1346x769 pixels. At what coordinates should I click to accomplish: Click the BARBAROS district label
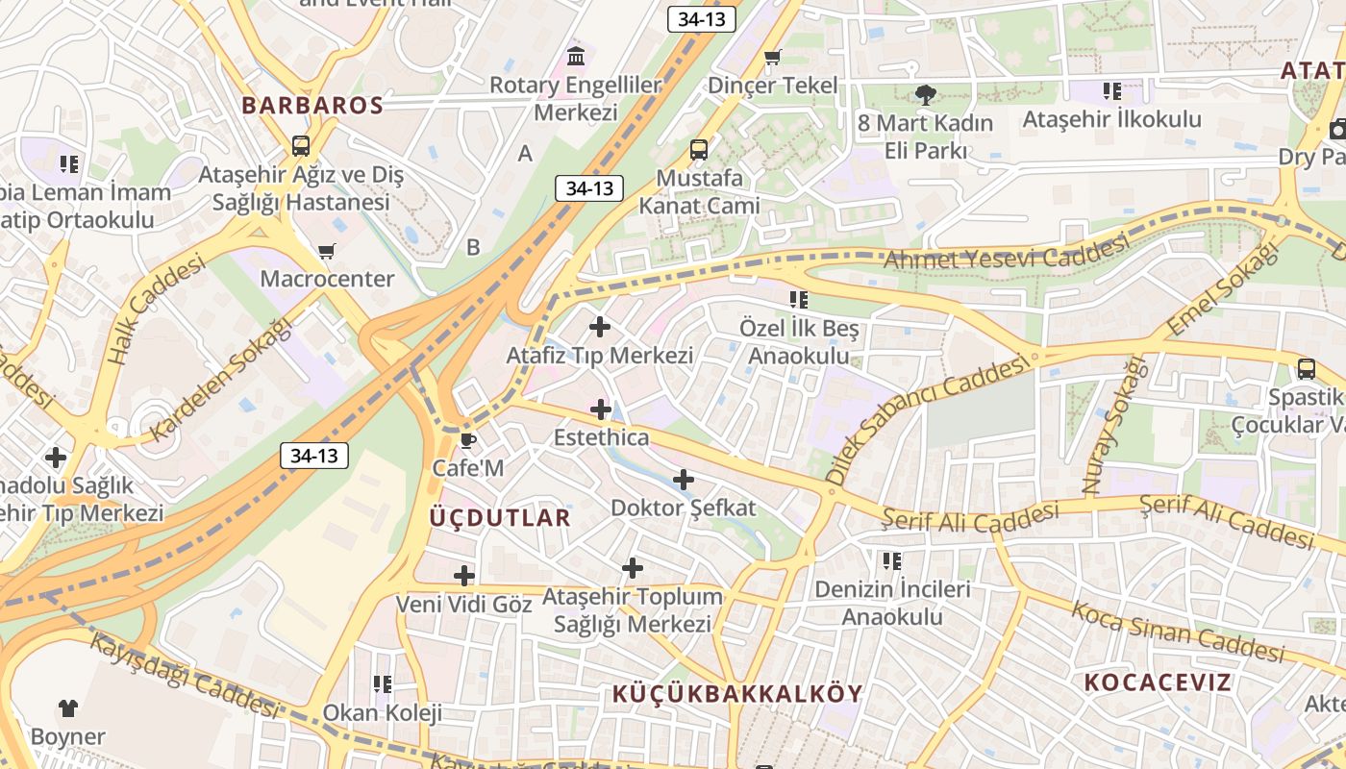(x=312, y=106)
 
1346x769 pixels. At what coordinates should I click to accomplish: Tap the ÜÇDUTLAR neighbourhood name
(x=500, y=518)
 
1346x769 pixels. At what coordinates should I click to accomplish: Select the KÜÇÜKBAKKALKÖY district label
(x=737, y=693)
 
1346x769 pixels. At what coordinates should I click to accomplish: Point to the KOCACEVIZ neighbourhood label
(x=1158, y=682)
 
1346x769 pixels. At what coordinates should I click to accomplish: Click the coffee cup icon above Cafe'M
(x=467, y=441)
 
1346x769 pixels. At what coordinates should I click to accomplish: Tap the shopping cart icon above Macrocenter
(x=327, y=252)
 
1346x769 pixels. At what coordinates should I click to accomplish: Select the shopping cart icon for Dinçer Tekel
(x=772, y=59)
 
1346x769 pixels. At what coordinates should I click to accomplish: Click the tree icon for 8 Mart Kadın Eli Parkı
(x=925, y=95)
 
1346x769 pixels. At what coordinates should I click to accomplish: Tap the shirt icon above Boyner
(x=67, y=709)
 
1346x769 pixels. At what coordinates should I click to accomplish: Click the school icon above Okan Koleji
(x=383, y=684)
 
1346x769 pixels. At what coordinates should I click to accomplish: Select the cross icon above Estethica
(x=601, y=410)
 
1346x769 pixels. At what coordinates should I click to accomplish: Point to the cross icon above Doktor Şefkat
(x=684, y=480)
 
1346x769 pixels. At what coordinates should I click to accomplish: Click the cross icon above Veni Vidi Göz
(x=464, y=577)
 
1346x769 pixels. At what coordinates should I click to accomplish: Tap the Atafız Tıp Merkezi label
(x=600, y=356)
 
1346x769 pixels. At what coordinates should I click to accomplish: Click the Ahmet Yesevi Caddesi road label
(x=1005, y=253)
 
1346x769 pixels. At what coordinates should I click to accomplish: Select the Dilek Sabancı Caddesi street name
(x=927, y=419)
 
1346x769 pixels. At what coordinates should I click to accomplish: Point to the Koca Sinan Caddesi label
(x=1178, y=633)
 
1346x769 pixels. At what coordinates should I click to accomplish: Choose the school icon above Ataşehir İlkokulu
(x=1112, y=92)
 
